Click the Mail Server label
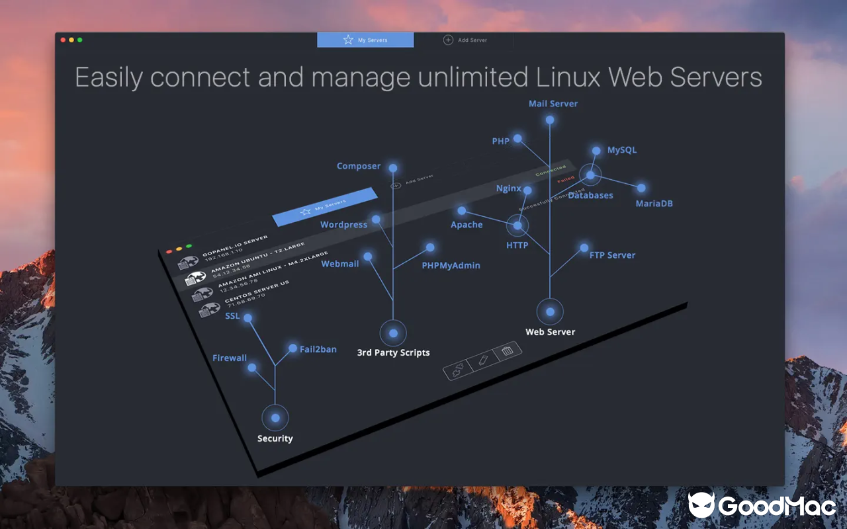[x=553, y=104]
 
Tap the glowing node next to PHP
[x=518, y=139]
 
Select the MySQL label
[x=622, y=150]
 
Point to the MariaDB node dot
[x=641, y=188]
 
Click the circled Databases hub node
[x=590, y=175]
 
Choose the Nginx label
[x=509, y=188]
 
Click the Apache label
[x=467, y=225]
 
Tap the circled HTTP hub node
[x=517, y=225]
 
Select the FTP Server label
[x=612, y=255]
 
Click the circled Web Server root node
[x=550, y=311]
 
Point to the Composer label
[x=359, y=167]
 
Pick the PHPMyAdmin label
[x=451, y=266]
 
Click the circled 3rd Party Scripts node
[x=393, y=333]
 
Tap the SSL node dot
[x=248, y=318]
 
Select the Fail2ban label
[x=318, y=349]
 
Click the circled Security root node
[x=275, y=418]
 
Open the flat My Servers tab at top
[x=365, y=40]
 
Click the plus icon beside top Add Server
[x=448, y=40]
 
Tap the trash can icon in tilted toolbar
[x=508, y=351]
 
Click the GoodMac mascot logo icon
[x=701, y=505]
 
